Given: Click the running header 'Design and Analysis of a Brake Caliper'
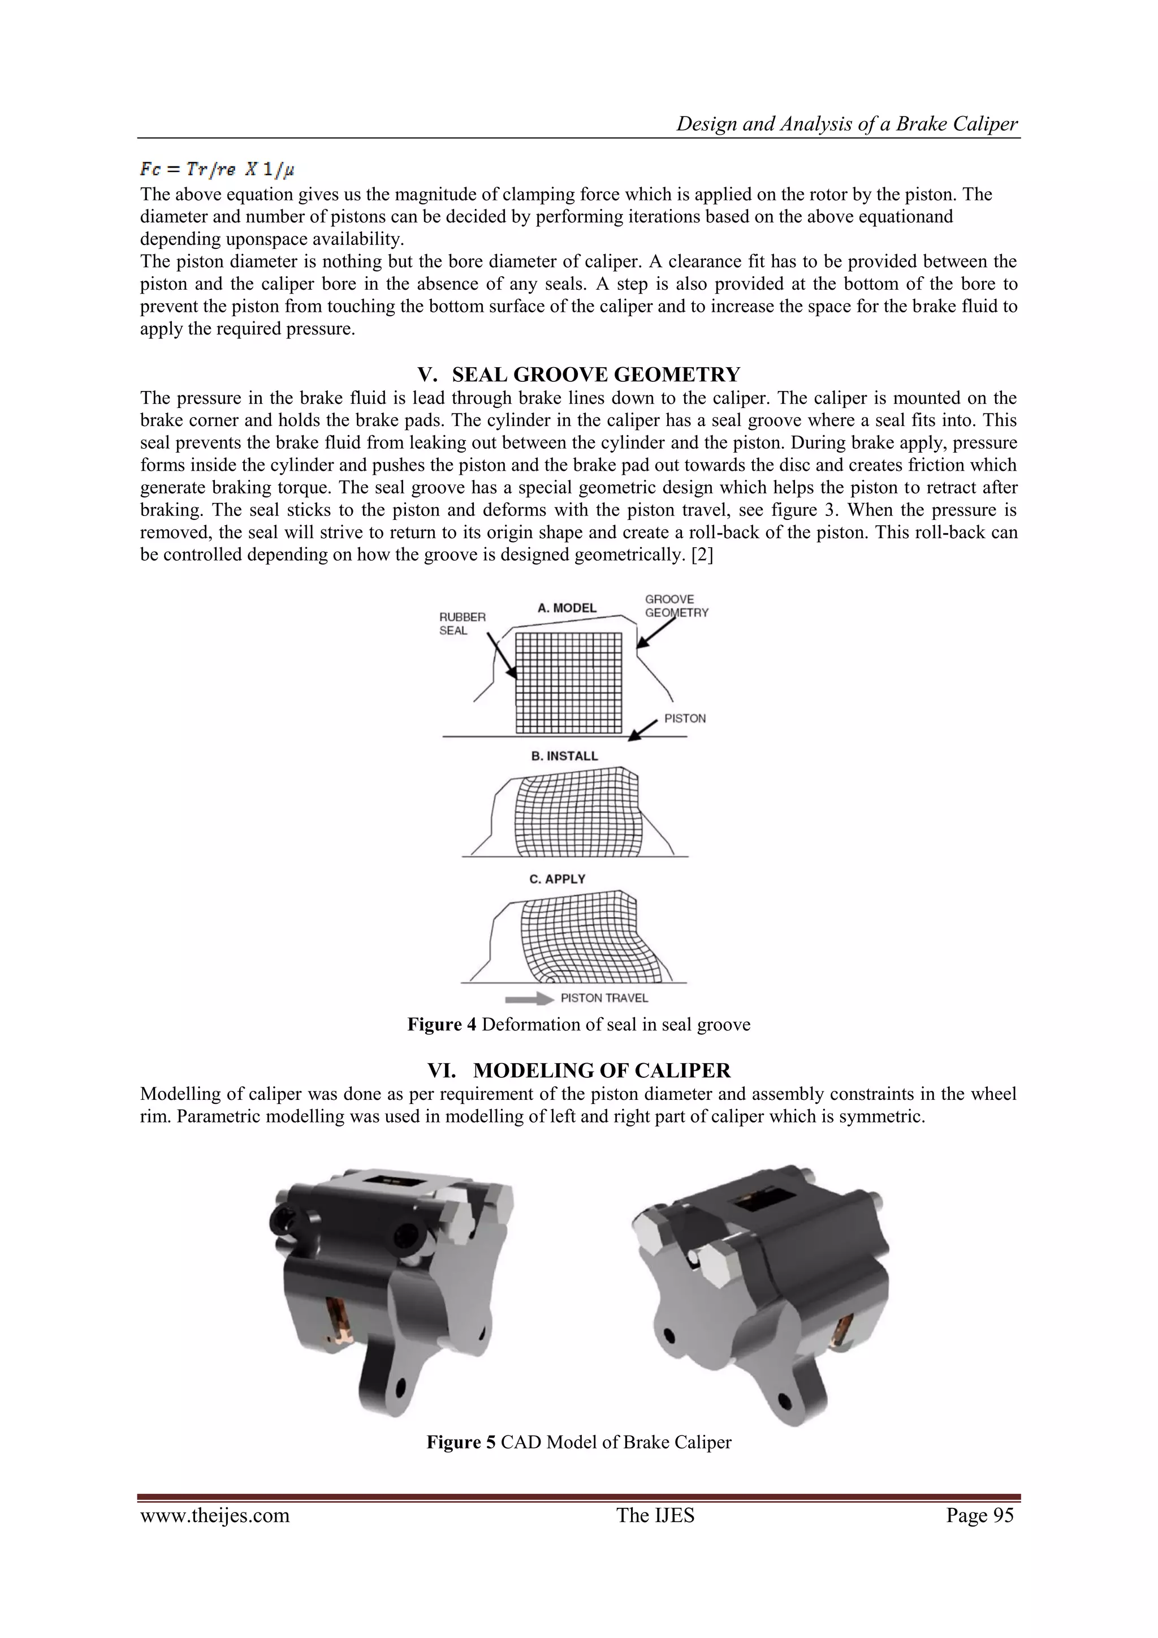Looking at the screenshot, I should click(x=847, y=124).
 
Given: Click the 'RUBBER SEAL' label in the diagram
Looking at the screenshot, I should click(x=462, y=624).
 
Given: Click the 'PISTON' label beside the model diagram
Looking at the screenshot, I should click(x=685, y=719).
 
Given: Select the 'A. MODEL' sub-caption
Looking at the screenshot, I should click(x=567, y=608).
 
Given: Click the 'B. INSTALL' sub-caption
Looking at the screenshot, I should click(x=564, y=756).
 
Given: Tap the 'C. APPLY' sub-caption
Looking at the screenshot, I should click(x=557, y=879).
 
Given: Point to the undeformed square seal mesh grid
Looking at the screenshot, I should click(x=569, y=683).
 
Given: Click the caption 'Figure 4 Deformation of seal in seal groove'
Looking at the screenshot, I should click(x=578, y=1025).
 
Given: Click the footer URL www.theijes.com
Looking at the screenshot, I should click(x=215, y=1515).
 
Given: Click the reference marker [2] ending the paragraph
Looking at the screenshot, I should click(x=702, y=555).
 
